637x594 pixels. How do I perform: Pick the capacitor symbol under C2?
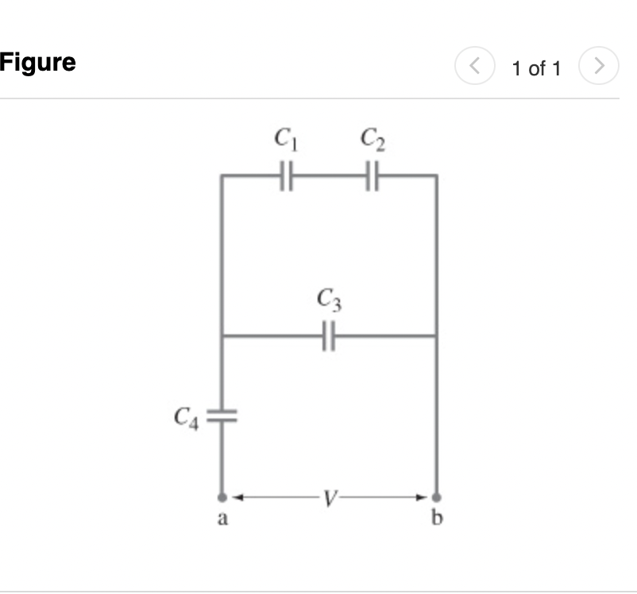[373, 175]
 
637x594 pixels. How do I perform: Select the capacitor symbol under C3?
[330, 336]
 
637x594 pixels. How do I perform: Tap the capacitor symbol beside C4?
[222, 415]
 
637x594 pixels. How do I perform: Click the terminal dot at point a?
[222, 498]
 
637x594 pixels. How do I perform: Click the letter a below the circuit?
[223, 520]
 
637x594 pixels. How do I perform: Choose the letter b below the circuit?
[436, 519]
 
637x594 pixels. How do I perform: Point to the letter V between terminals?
[330, 498]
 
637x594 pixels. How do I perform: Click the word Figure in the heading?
[38, 62]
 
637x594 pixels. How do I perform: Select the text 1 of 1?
[536, 69]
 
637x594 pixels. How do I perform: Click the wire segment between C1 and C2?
[330, 175]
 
